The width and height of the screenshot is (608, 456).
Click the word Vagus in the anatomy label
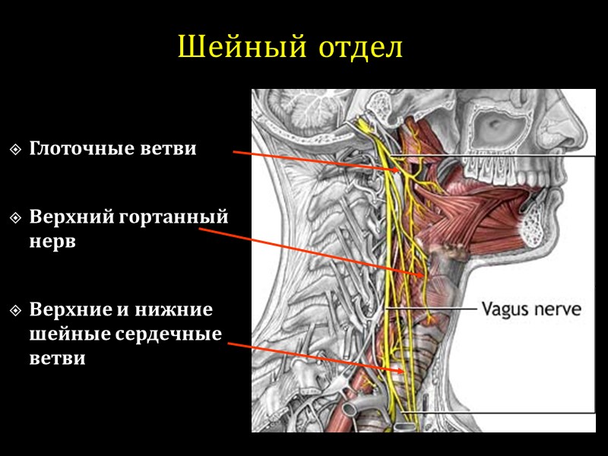coord(502,309)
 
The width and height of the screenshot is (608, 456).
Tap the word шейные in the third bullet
coord(67,334)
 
